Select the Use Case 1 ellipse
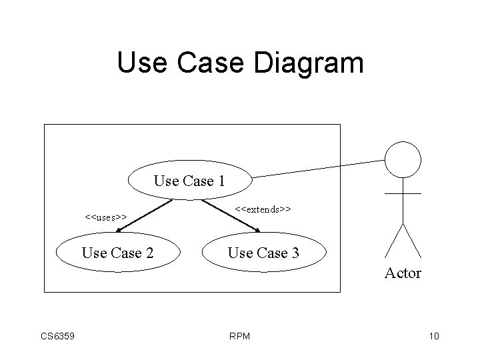pos(189,180)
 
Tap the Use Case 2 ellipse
pos(117,253)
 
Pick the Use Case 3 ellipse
pos(263,253)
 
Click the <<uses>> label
pos(106,217)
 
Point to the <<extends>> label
pos(263,209)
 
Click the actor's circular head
pos(403,159)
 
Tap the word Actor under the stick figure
pos(403,273)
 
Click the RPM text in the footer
pos(239,336)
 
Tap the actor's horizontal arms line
pos(403,193)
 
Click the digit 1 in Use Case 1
pos(220,181)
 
